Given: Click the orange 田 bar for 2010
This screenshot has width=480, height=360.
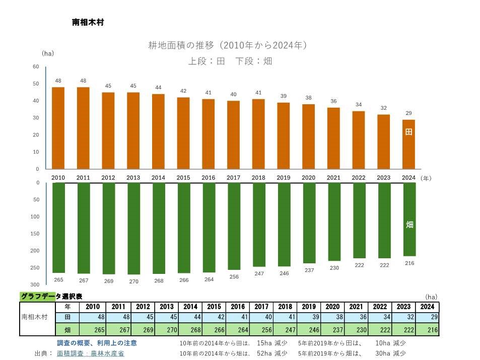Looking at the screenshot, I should tap(58, 128).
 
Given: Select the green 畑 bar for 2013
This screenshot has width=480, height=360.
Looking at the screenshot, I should tap(133, 228).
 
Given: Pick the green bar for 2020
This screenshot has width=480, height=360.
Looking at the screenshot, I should tap(309, 223).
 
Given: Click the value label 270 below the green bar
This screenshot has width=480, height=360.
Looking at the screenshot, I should tap(133, 281).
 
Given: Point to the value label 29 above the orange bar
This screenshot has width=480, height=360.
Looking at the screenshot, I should tap(409, 113).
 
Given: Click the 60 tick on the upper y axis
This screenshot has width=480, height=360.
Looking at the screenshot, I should tap(36, 66).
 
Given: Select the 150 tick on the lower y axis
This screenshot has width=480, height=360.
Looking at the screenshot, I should tap(35, 234).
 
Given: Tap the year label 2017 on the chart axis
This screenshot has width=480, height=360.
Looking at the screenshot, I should tap(233, 178).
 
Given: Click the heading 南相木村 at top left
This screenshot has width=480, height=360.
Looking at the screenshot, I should tap(88, 23).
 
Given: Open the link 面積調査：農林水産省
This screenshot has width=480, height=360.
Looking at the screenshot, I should tap(90, 353).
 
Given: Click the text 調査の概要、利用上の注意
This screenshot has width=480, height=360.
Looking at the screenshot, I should tap(97, 343).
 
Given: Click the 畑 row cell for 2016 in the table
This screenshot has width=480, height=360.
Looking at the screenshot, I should tap(237, 330).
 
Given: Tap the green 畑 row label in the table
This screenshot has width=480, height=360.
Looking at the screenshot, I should tap(67, 330).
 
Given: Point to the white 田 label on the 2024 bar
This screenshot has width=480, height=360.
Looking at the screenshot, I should tap(409, 132).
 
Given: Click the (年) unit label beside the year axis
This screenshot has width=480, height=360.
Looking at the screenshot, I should tap(426, 178).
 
